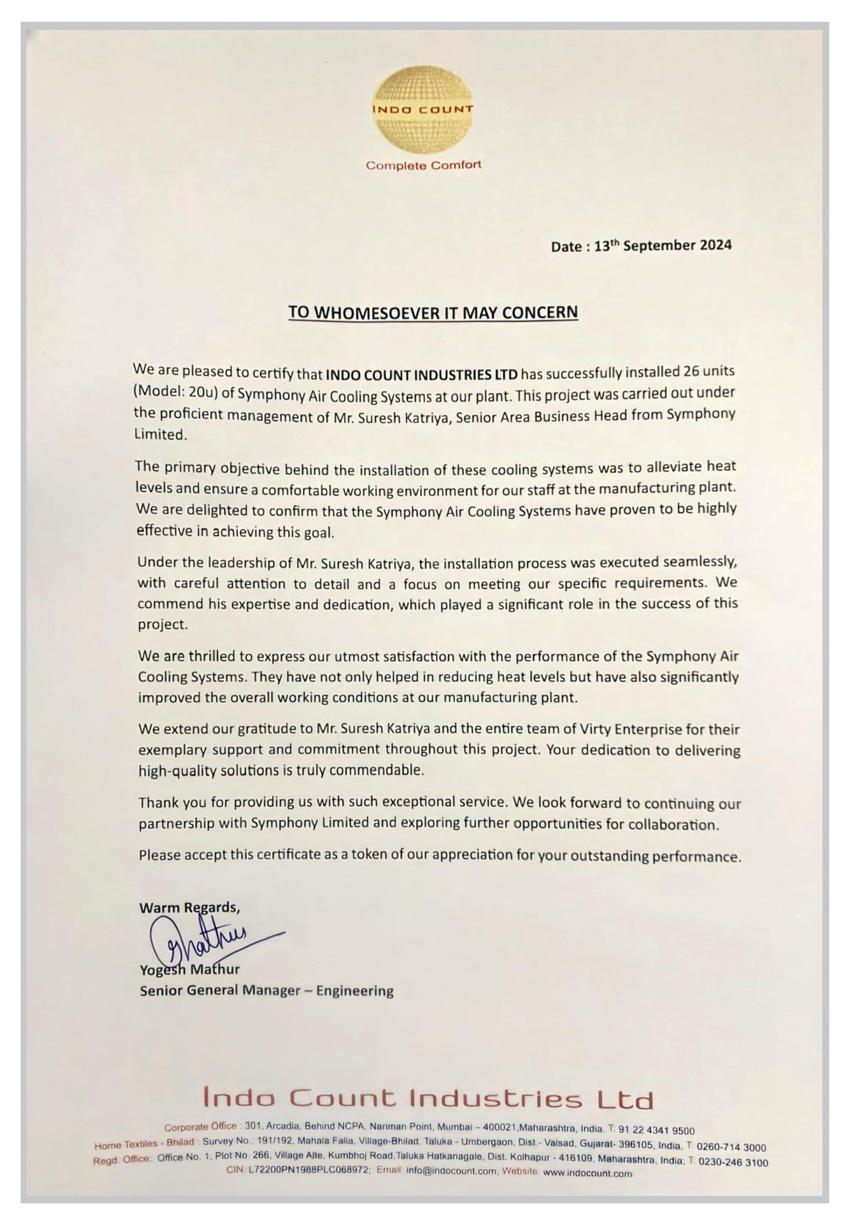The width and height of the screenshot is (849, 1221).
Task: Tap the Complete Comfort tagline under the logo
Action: [x=423, y=165]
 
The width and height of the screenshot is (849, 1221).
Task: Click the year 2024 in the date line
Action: [x=715, y=245]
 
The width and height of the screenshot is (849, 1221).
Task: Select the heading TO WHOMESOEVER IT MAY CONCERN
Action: [x=433, y=312]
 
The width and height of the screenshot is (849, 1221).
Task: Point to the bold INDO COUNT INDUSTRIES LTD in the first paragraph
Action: [x=422, y=374]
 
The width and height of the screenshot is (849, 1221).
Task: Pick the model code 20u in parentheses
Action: [x=199, y=393]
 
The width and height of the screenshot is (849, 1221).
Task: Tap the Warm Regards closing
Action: [x=189, y=907]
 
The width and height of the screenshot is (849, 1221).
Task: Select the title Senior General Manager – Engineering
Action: [x=266, y=990]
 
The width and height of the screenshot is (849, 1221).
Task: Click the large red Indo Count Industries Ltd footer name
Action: [x=428, y=1099]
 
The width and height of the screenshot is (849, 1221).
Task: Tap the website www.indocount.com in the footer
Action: [x=587, y=1174]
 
